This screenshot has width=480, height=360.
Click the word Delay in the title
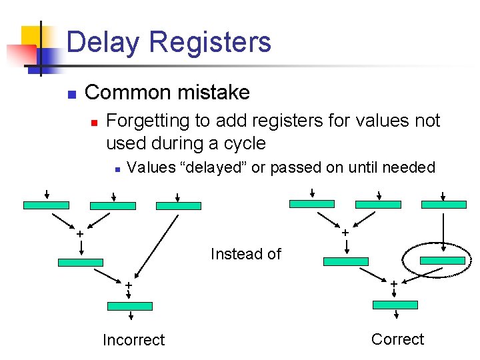(103, 42)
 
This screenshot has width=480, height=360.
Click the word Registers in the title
(210, 42)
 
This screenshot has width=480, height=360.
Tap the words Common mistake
(167, 92)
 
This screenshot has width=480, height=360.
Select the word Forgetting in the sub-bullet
(149, 121)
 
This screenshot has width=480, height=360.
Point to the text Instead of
(245, 254)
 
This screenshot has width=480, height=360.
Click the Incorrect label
(133, 340)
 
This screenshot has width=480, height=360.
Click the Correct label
(397, 339)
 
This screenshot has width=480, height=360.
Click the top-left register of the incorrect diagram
(46, 205)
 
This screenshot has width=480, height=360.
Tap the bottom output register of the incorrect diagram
(130, 306)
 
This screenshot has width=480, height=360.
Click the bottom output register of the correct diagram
(395, 305)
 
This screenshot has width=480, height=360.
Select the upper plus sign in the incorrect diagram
(80, 235)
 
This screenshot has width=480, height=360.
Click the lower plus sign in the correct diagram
(393, 284)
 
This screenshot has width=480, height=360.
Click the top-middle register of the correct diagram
(378, 205)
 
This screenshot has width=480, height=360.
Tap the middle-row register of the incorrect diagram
(81, 262)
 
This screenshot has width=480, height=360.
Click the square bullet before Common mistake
(72, 93)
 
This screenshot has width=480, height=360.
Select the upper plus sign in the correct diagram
(345, 233)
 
